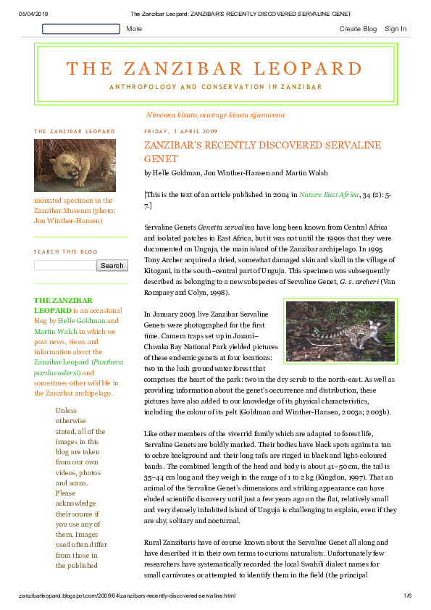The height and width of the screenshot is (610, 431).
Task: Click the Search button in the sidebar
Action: coord(112,265)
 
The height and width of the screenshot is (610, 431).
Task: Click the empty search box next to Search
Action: coord(64,265)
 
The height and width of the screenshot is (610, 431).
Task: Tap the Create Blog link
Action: coord(358,29)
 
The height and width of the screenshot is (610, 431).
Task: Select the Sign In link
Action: coord(396,29)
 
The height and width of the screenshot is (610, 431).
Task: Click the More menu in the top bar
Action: coord(134,29)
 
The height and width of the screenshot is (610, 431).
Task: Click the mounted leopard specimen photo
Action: coord(64,165)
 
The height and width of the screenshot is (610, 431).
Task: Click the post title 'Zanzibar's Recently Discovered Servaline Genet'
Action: coord(262,151)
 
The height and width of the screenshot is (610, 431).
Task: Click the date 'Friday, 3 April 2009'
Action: coord(181,132)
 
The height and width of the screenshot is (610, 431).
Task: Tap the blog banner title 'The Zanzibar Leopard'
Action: coord(214,69)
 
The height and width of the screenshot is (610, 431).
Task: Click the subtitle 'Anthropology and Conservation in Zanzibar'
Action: coord(215,87)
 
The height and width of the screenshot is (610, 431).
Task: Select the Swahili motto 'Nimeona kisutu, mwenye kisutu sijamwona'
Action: coord(215,114)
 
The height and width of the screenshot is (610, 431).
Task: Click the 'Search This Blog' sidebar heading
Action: coord(65,251)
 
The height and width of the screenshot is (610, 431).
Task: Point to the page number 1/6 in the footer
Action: coord(407,596)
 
